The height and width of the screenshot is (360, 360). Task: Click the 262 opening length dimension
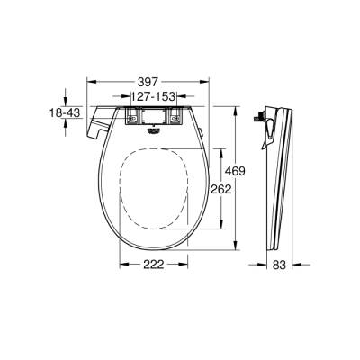[221, 189]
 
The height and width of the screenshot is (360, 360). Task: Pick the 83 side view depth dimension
[281, 266]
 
